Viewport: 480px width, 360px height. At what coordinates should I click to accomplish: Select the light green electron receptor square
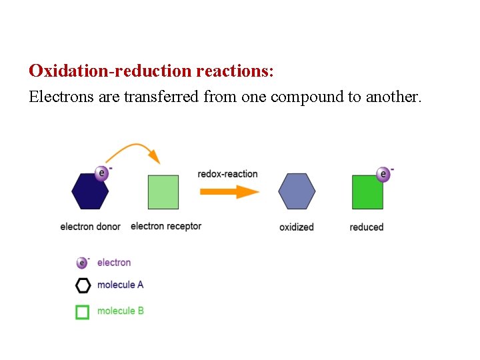(163, 192)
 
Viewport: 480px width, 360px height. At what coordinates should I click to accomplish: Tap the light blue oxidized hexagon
(297, 192)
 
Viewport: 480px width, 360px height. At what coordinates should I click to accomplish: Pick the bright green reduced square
(367, 192)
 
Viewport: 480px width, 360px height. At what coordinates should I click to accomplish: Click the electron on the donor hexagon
(101, 173)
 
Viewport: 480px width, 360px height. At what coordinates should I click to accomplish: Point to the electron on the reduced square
(383, 174)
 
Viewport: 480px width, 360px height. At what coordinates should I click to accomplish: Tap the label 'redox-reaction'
(227, 174)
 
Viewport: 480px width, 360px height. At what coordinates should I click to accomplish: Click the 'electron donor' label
(90, 227)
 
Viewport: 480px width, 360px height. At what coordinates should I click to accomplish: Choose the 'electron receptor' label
(166, 226)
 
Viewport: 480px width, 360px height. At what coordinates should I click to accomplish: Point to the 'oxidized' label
(297, 227)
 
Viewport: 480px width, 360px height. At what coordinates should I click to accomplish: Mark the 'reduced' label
(367, 227)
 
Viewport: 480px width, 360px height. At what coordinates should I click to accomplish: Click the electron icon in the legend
(82, 263)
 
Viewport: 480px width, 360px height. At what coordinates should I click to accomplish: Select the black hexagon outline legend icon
(83, 285)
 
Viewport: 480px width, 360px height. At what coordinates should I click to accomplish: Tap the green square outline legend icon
(83, 311)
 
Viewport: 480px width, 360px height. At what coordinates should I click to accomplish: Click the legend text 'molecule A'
(120, 285)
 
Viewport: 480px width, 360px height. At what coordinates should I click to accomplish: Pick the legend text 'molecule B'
(120, 311)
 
